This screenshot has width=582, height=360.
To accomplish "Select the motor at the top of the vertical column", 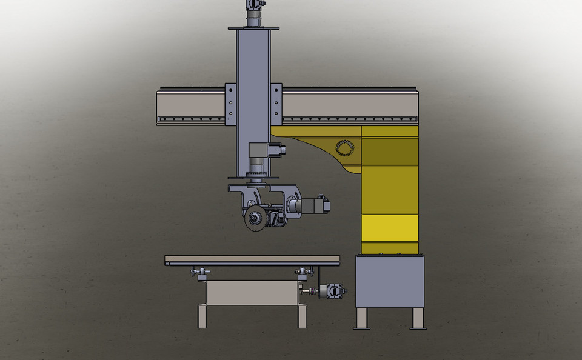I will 255,5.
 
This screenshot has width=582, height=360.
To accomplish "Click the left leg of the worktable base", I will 202,316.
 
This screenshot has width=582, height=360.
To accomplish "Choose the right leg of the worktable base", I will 302,316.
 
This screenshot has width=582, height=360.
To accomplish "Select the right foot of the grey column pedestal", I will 418,318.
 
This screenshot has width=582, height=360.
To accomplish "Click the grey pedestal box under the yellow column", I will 389,281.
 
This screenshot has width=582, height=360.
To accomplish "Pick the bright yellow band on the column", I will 389,228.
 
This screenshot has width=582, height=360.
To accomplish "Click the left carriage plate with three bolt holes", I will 230,104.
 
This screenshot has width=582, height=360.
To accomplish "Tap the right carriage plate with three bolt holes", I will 276,104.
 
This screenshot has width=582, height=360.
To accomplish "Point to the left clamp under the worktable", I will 199,273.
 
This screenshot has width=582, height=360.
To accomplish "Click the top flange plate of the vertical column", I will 253,28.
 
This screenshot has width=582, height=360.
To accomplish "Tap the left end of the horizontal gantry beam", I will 162,106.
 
